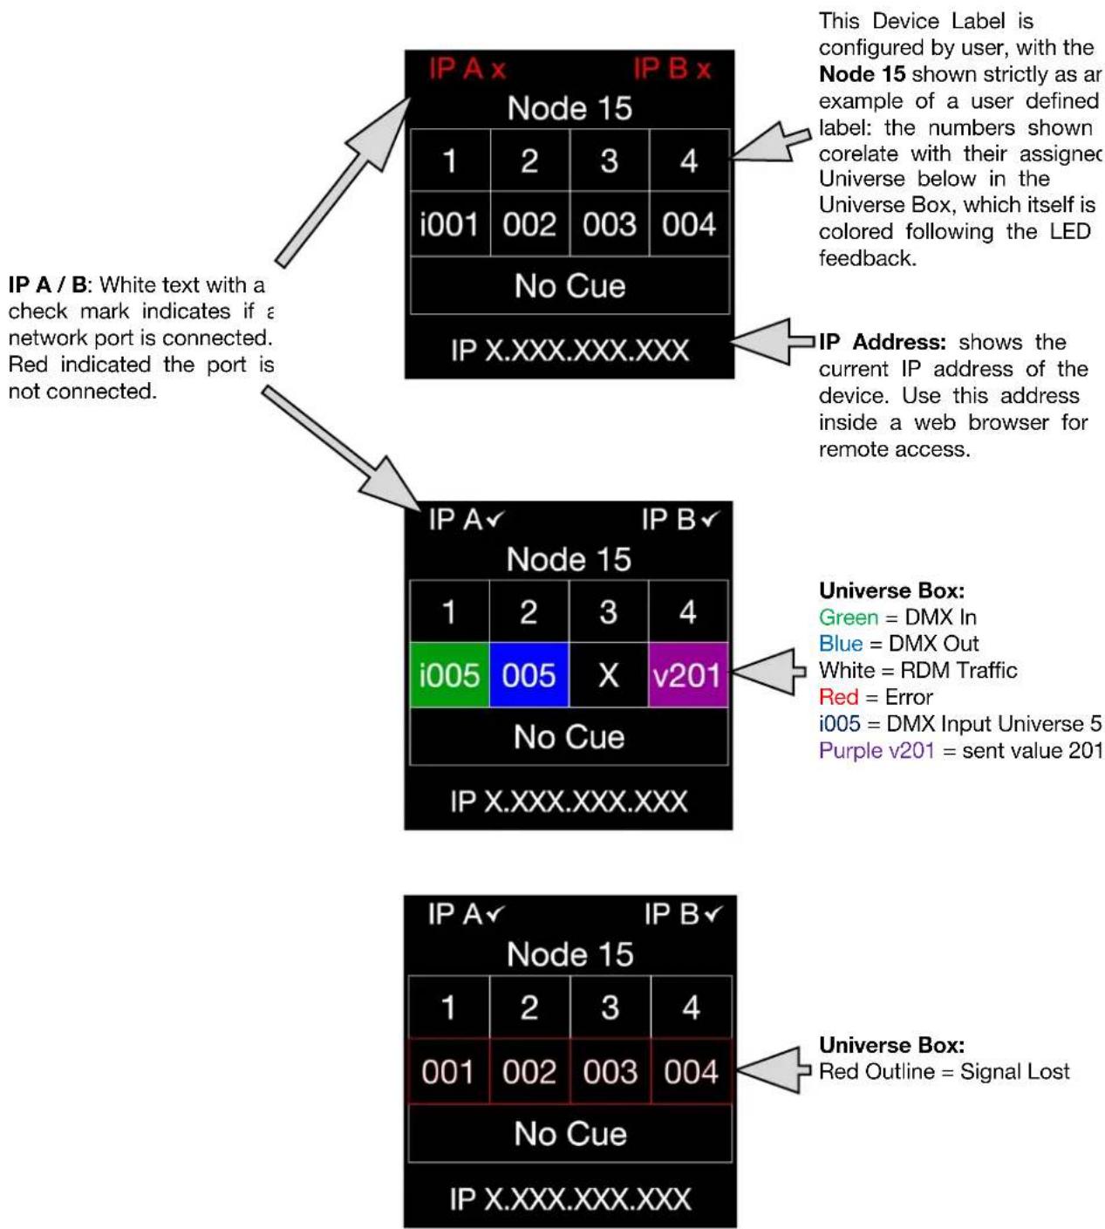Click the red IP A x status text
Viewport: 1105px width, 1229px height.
[x=467, y=69]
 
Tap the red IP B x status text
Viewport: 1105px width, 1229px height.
[x=672, y=69]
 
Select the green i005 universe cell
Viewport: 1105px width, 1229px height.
[x=449, y=675]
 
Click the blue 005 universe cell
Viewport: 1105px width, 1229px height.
[x=529, y=675]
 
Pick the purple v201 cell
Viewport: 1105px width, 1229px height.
[x=688, y=675]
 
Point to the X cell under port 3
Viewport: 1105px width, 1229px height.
[x=609, y=675]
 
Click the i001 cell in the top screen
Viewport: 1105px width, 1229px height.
[x=450, y=223]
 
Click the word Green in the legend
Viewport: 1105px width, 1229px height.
[x=849, y=617]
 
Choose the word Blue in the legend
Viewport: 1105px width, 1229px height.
[x=840, y=644]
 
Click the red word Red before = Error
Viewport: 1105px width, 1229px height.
[x=838, y=697]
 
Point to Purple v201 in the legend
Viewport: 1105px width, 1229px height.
[x=876, y=750]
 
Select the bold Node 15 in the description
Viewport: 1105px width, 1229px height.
[x=862, y=74]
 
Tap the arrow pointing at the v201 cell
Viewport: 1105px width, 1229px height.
[x=769, y=672]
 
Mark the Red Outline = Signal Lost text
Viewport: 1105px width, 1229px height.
[x=944, y=1071]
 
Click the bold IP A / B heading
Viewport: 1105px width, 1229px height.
[x=48, y=285]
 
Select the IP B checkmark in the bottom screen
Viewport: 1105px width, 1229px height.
[x=713, y=914]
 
